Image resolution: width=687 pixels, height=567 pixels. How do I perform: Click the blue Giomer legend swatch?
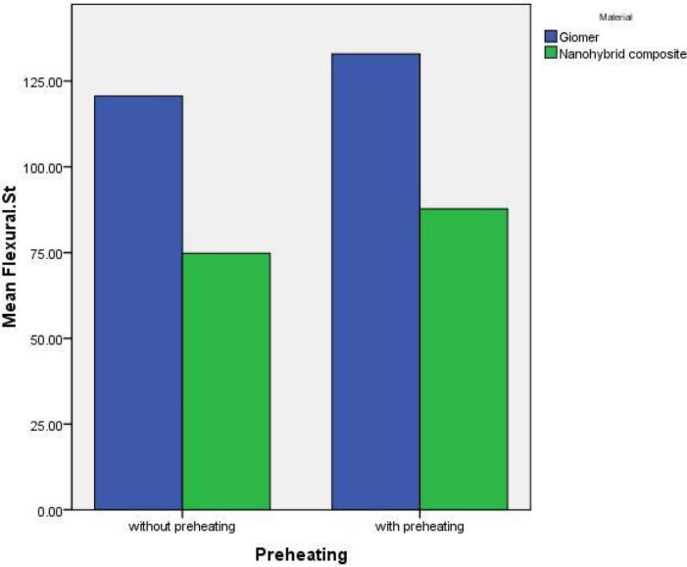551,36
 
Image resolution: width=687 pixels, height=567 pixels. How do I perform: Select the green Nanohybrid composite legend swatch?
551,53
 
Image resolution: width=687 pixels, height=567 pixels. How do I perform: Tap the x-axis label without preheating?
181,528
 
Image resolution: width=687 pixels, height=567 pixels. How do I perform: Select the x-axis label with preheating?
419,528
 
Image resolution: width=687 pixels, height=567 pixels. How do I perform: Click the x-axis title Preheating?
300,554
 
